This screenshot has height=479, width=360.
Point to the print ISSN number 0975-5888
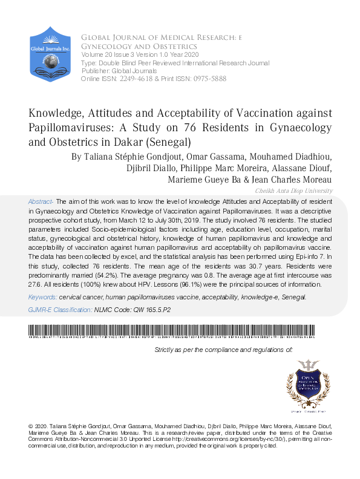(x=211, y=79)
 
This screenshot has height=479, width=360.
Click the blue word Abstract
(x=41, y=200)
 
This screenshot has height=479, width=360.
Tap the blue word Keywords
(x=42, y=298)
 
